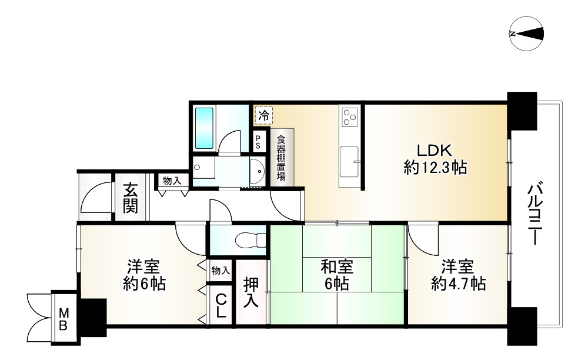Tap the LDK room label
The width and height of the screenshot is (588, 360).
click(435, 149)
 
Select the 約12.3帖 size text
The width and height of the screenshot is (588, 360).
click(435, 169)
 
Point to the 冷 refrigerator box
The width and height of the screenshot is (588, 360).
click(263, 115)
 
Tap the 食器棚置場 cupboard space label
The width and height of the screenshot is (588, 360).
click(281, 158)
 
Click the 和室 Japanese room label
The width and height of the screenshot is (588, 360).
click(337, 266)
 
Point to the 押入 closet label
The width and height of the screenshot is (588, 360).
click(251, 291)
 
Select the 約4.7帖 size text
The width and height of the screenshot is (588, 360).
click(458, 285)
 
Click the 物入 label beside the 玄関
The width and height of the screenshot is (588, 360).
click(172, 181)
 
